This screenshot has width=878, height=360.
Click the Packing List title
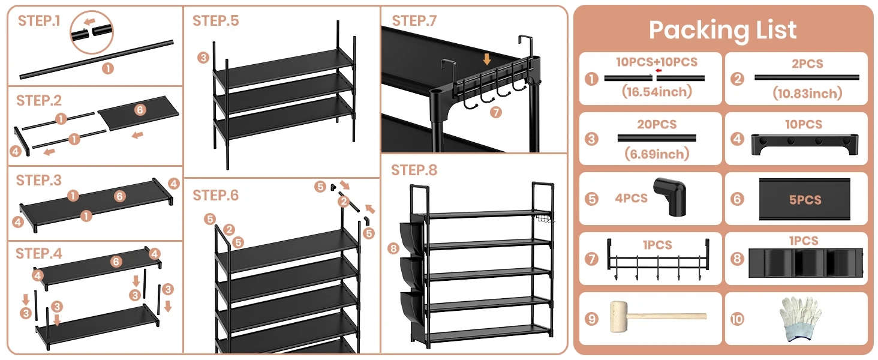point(723,30)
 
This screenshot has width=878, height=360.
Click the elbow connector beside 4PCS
point(670,199)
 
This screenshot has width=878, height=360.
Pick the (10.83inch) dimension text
point(807,93)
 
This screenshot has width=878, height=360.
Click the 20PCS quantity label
point(657,124)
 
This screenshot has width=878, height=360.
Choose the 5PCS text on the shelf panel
point(805,200)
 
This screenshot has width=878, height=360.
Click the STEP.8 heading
point(414,170)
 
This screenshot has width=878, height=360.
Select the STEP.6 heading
point(215,196)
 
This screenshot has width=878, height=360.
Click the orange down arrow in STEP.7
point(487,59)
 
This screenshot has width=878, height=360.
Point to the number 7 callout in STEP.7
point(495,112)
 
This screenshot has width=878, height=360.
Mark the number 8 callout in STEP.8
point(393,248)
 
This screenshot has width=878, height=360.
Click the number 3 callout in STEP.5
point(203,58)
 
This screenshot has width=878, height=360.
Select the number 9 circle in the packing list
point(592,319)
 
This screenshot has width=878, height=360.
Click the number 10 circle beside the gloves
point(737,319)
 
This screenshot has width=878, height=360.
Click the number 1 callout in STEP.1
point(107,68)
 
